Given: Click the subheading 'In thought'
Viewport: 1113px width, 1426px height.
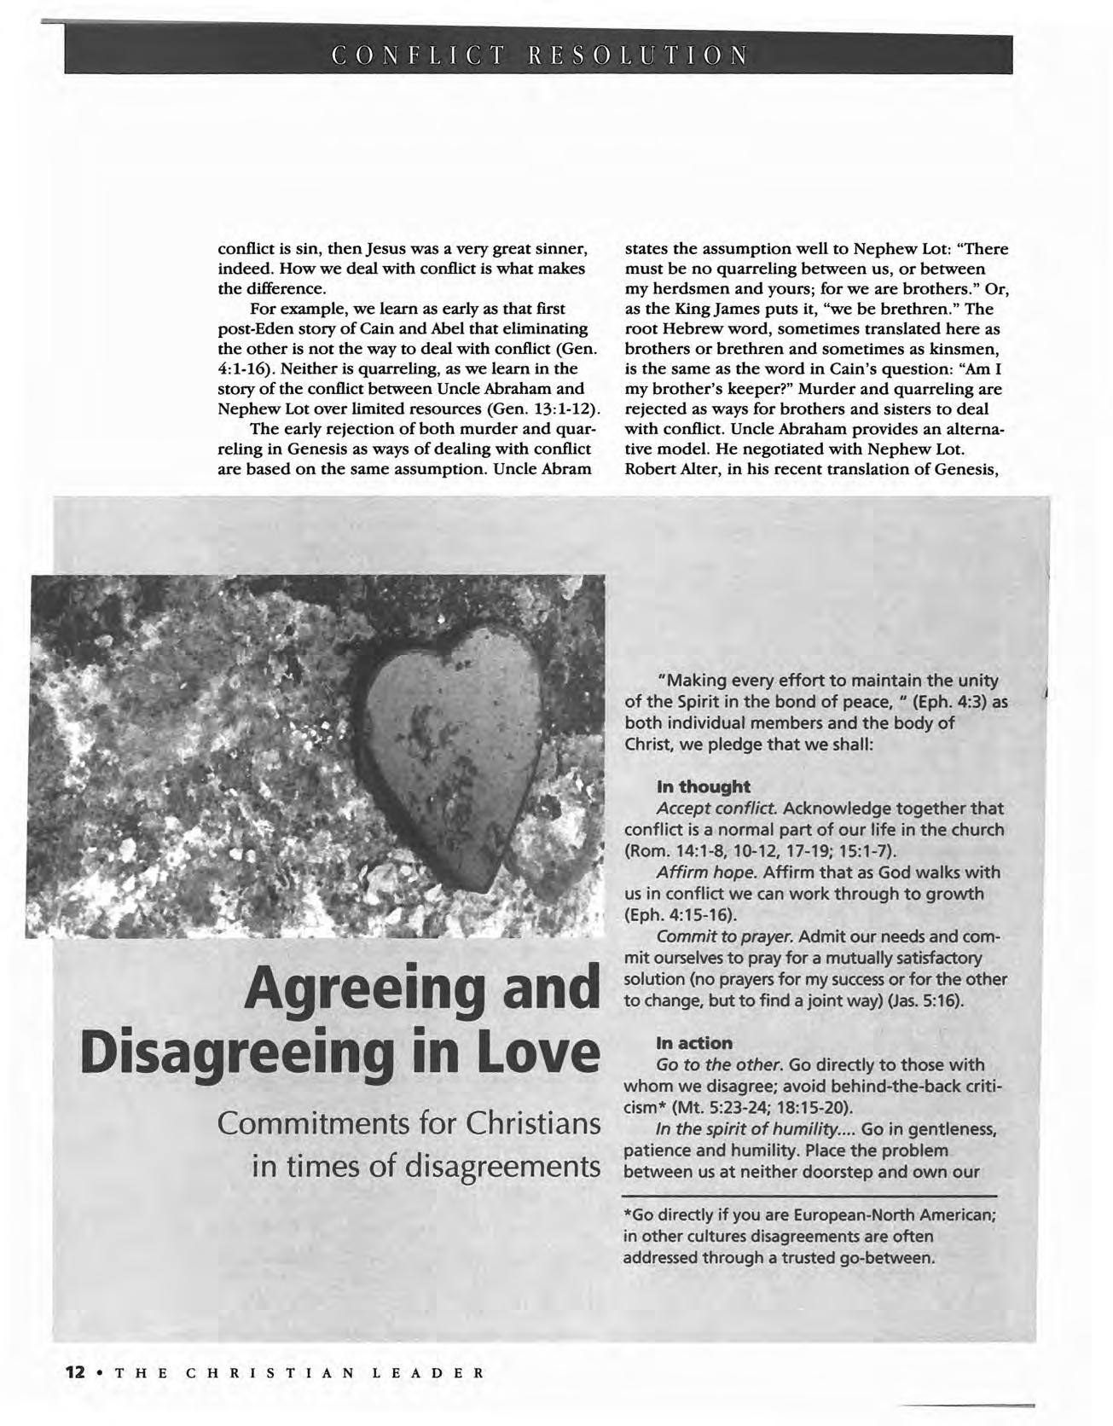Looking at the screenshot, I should point(703,785).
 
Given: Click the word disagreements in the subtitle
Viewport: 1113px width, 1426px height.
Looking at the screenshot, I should point(502,1165).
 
